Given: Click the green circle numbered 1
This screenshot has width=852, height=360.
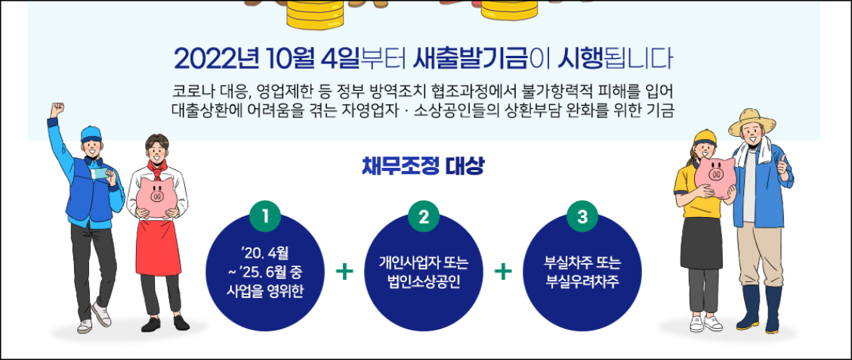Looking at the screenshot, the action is pos(265,217).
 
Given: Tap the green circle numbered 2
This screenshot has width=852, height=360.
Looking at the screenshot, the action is pos(423,217).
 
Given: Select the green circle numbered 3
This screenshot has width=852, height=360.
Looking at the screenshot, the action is pos(582,217).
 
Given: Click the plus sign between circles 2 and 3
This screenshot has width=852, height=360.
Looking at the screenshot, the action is pos(502,271).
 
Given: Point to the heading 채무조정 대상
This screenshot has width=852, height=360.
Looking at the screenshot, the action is pos(423,166).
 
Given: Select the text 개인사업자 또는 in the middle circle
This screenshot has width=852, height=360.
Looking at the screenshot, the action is pos(424,264).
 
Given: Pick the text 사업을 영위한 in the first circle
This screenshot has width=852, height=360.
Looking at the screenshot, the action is pos(265,290).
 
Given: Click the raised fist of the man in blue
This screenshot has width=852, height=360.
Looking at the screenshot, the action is pos(56,109).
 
